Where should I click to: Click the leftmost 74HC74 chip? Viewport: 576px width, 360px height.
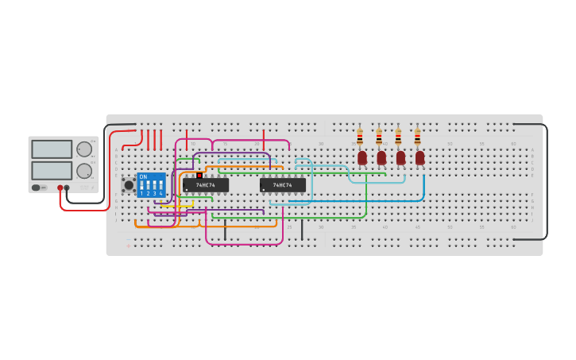click(x=206, y=184)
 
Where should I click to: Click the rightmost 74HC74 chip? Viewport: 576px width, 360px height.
click(x=282, y=184)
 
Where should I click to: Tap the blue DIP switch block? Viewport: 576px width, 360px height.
click(x=151, y=184)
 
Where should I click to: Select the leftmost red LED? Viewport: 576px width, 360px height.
click(x=362, y=157)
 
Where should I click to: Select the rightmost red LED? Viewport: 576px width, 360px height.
click(x=419, y=157)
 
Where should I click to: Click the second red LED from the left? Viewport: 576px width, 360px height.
click(x=381, y=157)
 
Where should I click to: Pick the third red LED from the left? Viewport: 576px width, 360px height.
click(x=400, y=157)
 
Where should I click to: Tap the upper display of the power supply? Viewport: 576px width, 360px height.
click(x=52, y=149)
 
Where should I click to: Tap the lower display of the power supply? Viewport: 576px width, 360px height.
click(x=52, y=170)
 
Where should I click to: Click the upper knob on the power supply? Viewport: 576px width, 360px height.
click(x=84, y=149)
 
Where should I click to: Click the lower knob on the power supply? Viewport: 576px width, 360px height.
click(x=84, y=170)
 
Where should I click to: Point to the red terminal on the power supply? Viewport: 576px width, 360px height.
click(x=60, y=188)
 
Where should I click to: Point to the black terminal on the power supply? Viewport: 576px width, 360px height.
click(x=67, y=188)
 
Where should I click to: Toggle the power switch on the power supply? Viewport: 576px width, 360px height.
click(x=37, y=188)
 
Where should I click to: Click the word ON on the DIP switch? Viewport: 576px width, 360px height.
click(x=143, y=176)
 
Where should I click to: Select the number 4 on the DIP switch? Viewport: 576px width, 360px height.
click(x=160, y=193)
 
